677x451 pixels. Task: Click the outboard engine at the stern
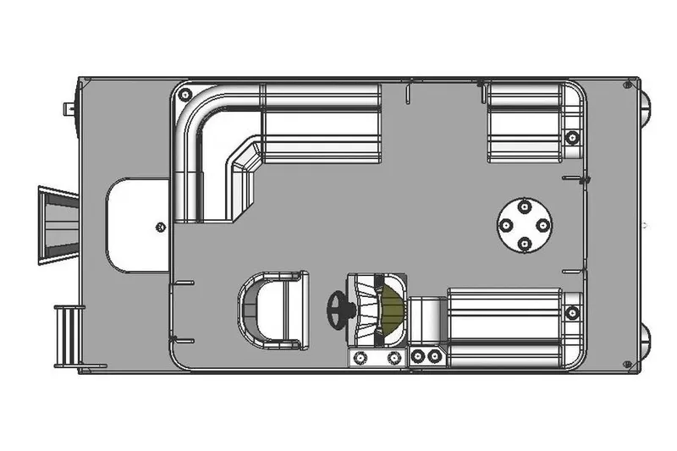58,225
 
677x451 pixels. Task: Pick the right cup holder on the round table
543,225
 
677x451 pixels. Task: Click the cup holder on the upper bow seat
572,137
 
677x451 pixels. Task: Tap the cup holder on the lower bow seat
572,311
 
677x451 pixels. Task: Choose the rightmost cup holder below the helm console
435,356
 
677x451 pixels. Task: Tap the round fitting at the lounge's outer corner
185,92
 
